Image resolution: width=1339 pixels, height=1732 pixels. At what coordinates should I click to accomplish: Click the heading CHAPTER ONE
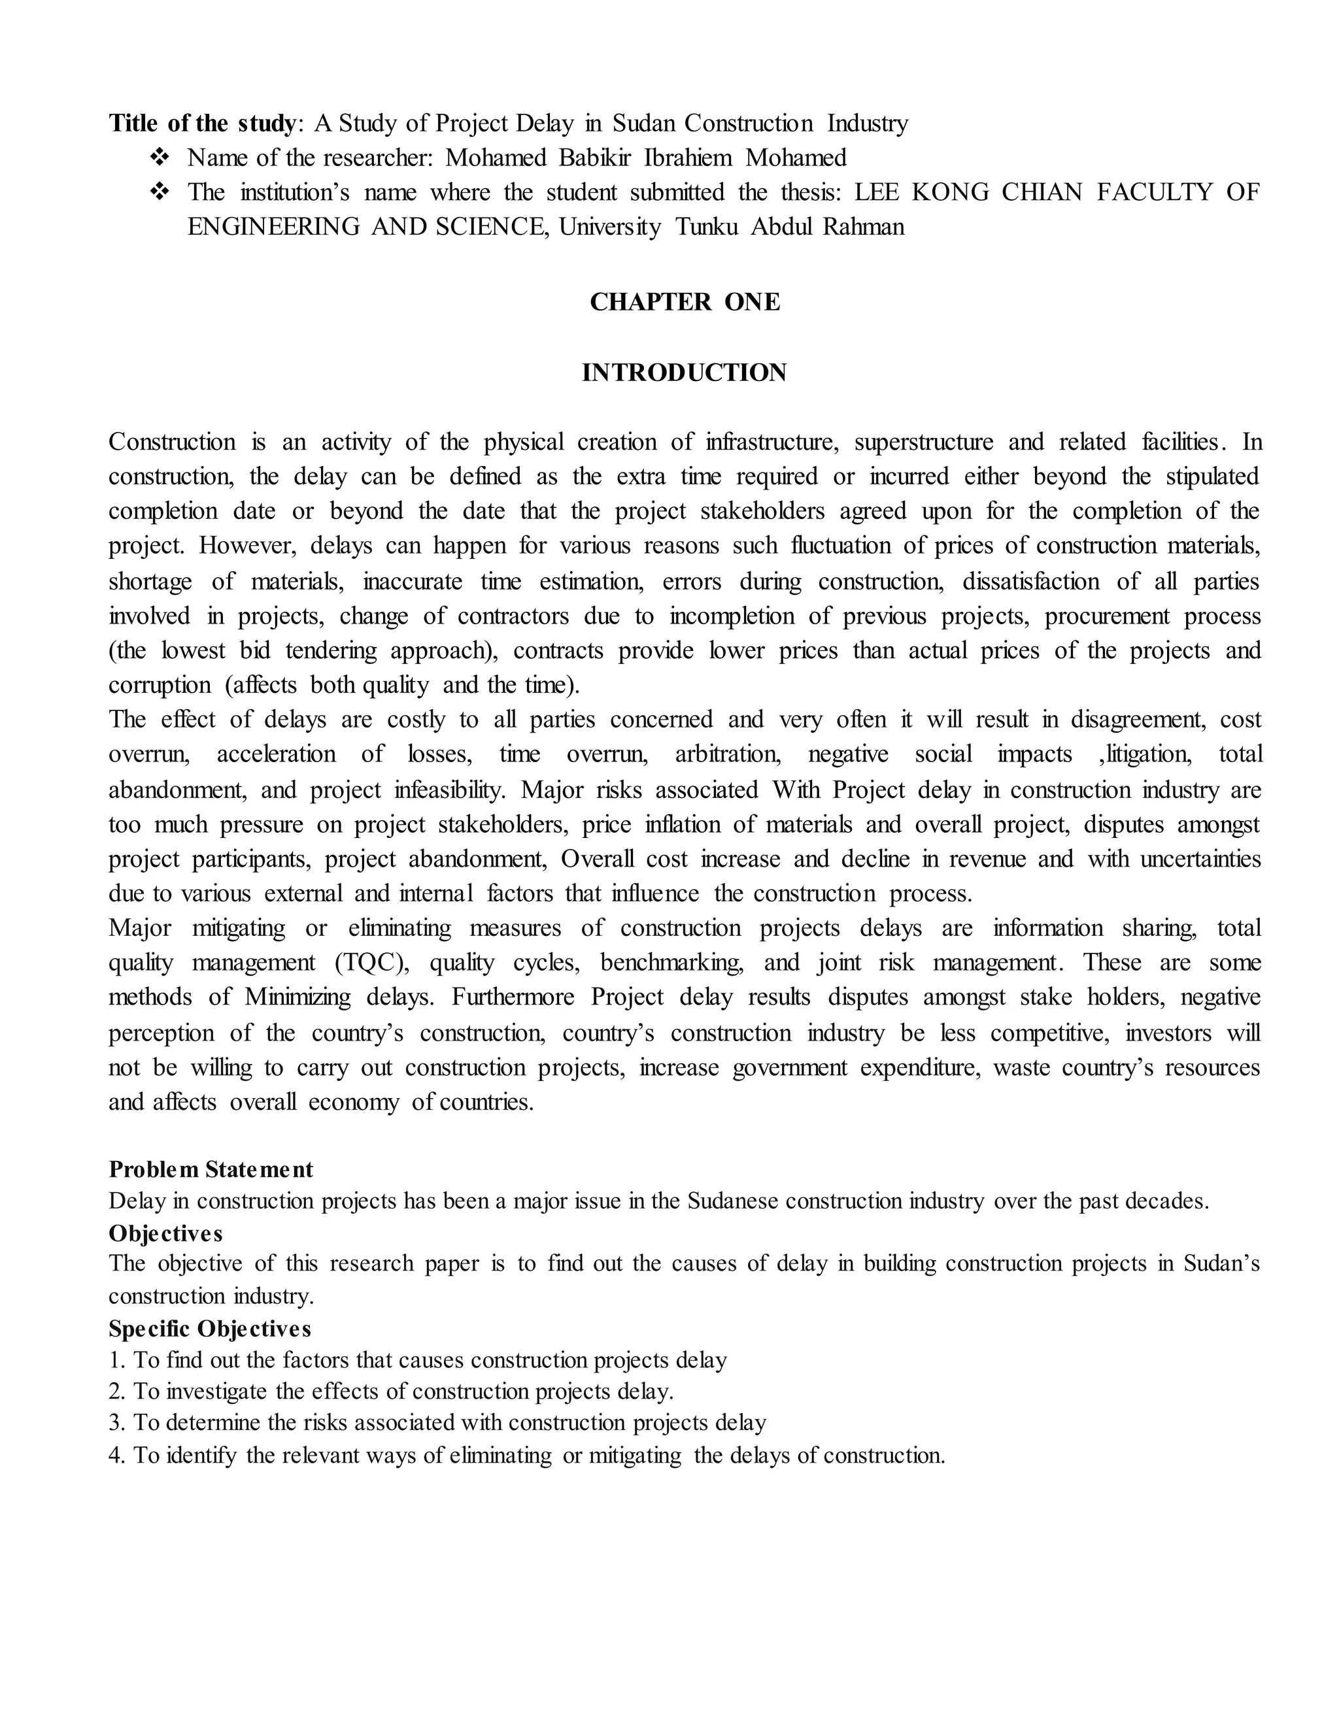pyautogui.click(x=685, y=302)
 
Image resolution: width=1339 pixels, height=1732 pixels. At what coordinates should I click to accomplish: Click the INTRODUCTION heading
pyautogui.click(x=684, y=372)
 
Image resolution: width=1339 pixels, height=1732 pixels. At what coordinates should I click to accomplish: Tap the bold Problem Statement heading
pyautogui.click(x=211, y=1169)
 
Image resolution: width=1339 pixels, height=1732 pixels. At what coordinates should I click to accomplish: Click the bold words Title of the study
pyautogui.click(x=201, y=123)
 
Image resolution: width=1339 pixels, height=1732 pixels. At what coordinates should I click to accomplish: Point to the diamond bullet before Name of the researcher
pyautogui.click(x=160, y=158)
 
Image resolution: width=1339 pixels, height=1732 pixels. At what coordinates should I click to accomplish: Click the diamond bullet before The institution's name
pyautogui.click(x=160, y=192)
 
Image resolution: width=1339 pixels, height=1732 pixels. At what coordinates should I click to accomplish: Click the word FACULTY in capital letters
pyautogui.click(x=1154, y=192)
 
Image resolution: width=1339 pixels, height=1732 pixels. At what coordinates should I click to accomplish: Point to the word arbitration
pyautogui.click(x=728, y=754)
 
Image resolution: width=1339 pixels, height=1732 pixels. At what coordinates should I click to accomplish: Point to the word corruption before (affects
pyautogui.click(x=160, y=684)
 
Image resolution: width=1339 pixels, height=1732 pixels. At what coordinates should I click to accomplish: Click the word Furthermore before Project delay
pyautogui.click(x=513, y=997)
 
